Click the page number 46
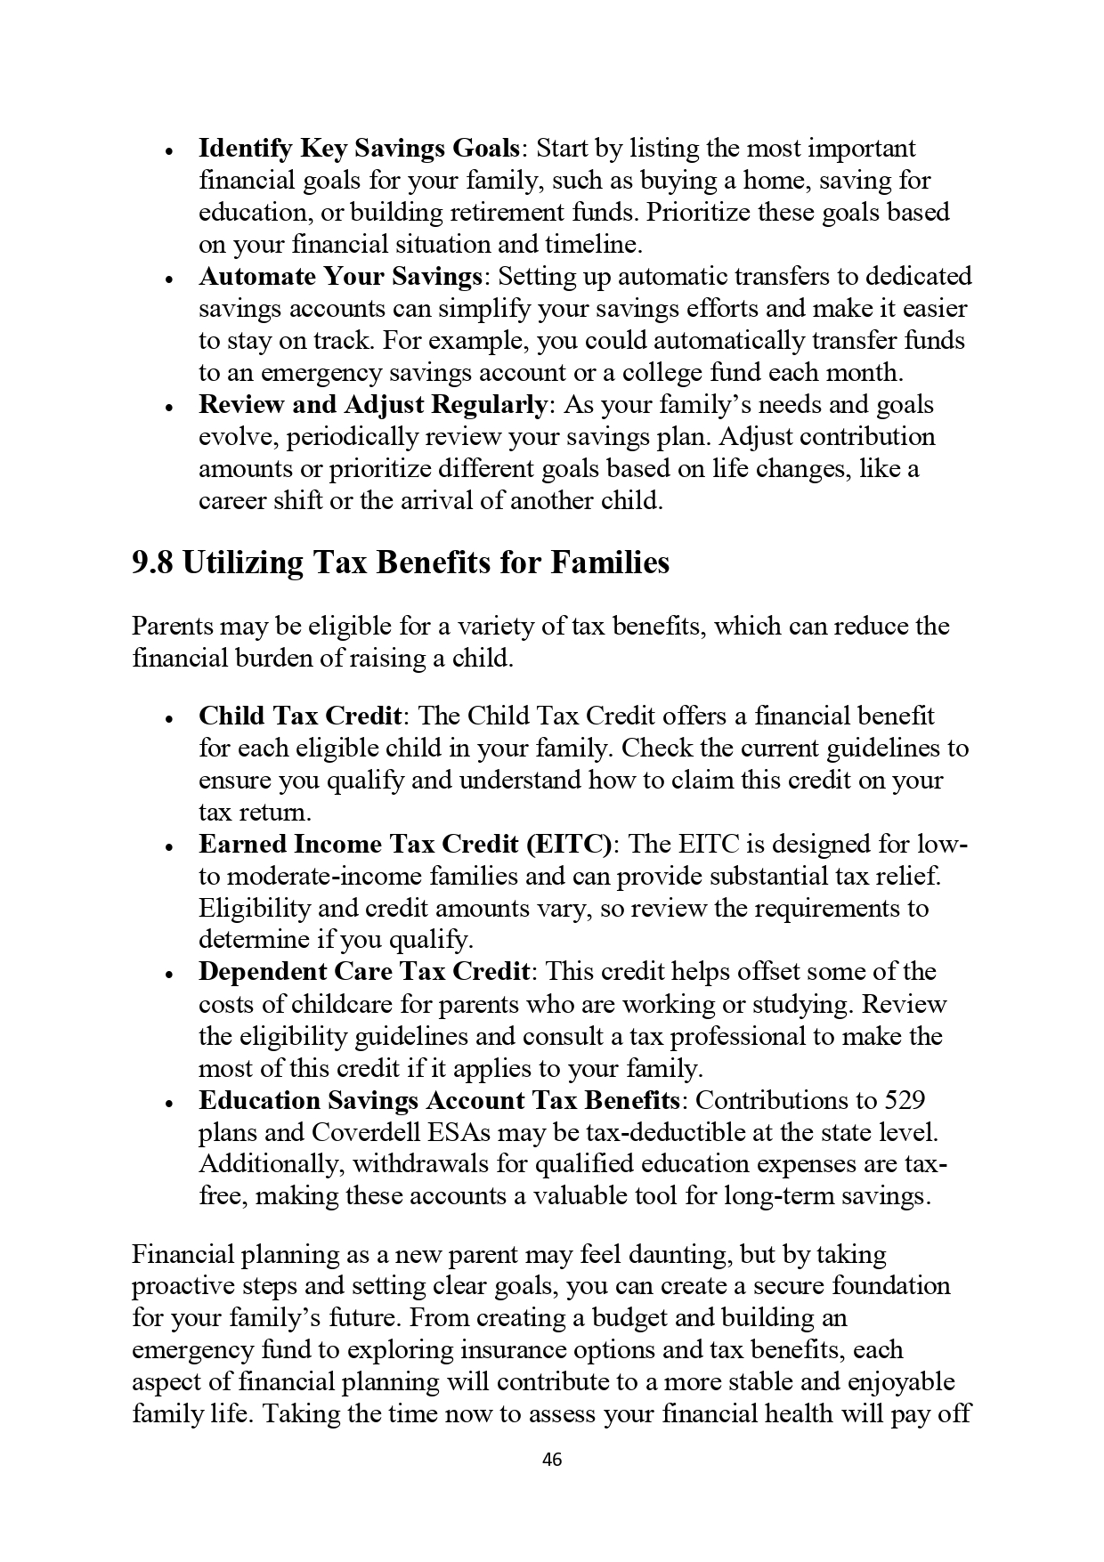click(x=552, y=1460)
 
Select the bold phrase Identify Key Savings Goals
click(x=359, y=148)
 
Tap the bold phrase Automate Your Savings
click(x=340, y=276)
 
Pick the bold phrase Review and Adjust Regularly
click(x=373, y=405)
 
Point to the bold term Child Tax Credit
click(x=300, y=716)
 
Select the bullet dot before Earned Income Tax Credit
click(x=168, y=846)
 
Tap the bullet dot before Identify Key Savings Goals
click(x=168, y=150)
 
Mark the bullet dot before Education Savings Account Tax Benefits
click(x=168, y=1103)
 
